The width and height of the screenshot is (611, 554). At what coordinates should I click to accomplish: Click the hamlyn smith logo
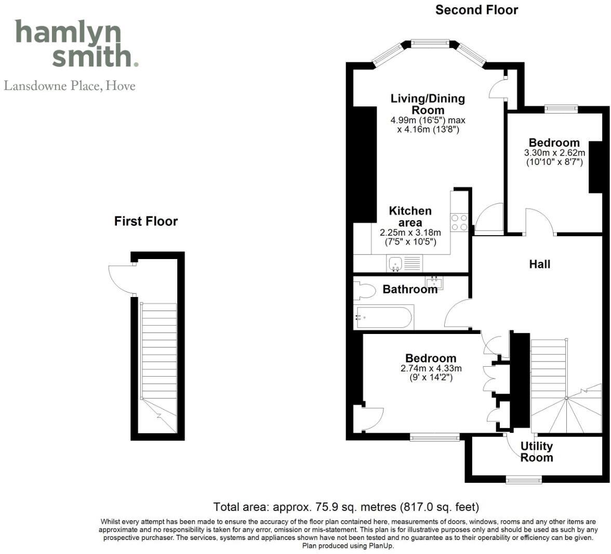[x=76, y=44]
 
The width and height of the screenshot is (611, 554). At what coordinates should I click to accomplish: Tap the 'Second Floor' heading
[x=476, y=10]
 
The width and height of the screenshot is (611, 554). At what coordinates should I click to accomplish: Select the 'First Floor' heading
[x=146, y=222]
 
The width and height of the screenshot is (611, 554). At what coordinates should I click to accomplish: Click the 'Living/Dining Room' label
[x=428, y=104]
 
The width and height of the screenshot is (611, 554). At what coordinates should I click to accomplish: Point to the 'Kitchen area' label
[x=410, y=216]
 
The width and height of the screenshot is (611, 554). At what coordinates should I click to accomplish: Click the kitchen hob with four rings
[x=459, y=222]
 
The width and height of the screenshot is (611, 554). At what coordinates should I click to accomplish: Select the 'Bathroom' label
[x=410, y=289]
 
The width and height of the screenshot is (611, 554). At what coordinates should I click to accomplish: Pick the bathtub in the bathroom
[x=384, y=317]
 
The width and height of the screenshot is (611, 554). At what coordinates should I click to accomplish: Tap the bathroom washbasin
[x=433, y=284]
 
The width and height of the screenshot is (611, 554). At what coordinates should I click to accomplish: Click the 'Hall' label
[x=539, y=264]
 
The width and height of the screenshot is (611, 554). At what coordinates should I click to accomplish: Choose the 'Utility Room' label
[x=537, y=452]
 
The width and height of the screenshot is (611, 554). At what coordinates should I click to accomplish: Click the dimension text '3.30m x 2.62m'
[x=554, y=153]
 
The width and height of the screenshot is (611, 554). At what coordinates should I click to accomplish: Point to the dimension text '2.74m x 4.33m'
[x=431, y=368]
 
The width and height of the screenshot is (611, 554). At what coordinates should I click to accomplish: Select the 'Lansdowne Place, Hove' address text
[x=70, y=86]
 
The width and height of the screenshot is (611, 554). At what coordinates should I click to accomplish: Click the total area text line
[x=346, y=507]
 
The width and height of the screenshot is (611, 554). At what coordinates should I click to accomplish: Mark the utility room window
[x=524, y=479]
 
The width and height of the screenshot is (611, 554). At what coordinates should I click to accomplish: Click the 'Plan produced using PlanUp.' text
[x=348, y=546]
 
